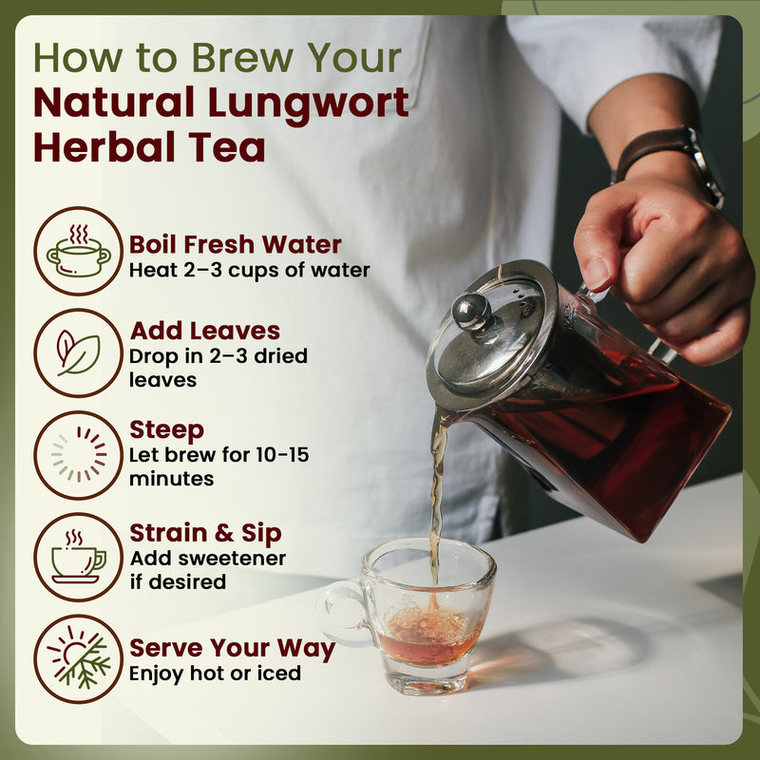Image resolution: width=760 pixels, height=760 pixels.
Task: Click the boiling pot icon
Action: (78, 251)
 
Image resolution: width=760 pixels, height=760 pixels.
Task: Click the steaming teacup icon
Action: (78, 557)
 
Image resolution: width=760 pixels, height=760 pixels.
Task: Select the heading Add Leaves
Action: (205, 331)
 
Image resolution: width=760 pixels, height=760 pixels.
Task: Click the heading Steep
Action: (167, 429)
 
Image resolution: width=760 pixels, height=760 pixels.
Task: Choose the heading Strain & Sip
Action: (206, 533)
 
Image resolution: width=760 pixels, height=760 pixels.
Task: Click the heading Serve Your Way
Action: (233, 649)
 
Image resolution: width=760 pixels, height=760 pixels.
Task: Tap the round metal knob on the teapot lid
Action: (472, 312)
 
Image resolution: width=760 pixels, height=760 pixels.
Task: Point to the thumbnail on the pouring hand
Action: (597, 273)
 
